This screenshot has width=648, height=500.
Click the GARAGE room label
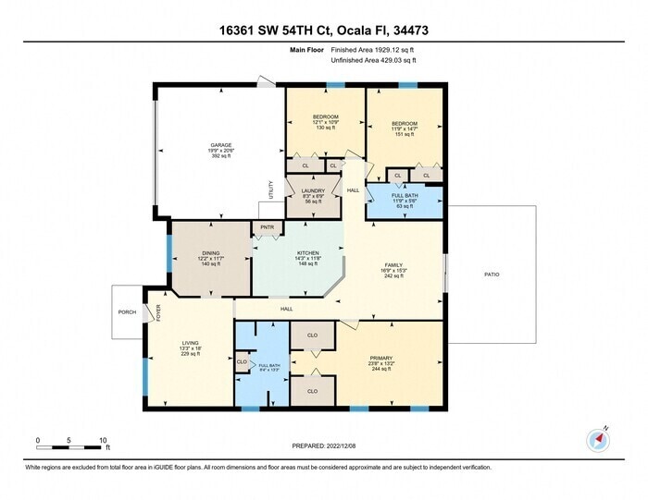tap(220, 145)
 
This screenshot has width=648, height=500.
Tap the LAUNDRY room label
tap(313, 191)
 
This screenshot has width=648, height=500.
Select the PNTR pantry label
tap(268, 226)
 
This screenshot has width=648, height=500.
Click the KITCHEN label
tap(307, 252)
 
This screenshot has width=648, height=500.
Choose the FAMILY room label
tap(393, 264)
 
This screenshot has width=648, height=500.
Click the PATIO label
tap(492, 274)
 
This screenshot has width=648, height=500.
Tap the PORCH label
tap(127, 312)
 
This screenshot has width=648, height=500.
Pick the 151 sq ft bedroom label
tap(404, 124)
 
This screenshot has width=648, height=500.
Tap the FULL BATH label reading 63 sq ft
tap(404, 195)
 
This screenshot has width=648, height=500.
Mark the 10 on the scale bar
tap(104, 440)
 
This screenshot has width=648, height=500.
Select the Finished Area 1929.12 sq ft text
tap(373, 50)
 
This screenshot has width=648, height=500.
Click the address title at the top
tap(323, 30)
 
